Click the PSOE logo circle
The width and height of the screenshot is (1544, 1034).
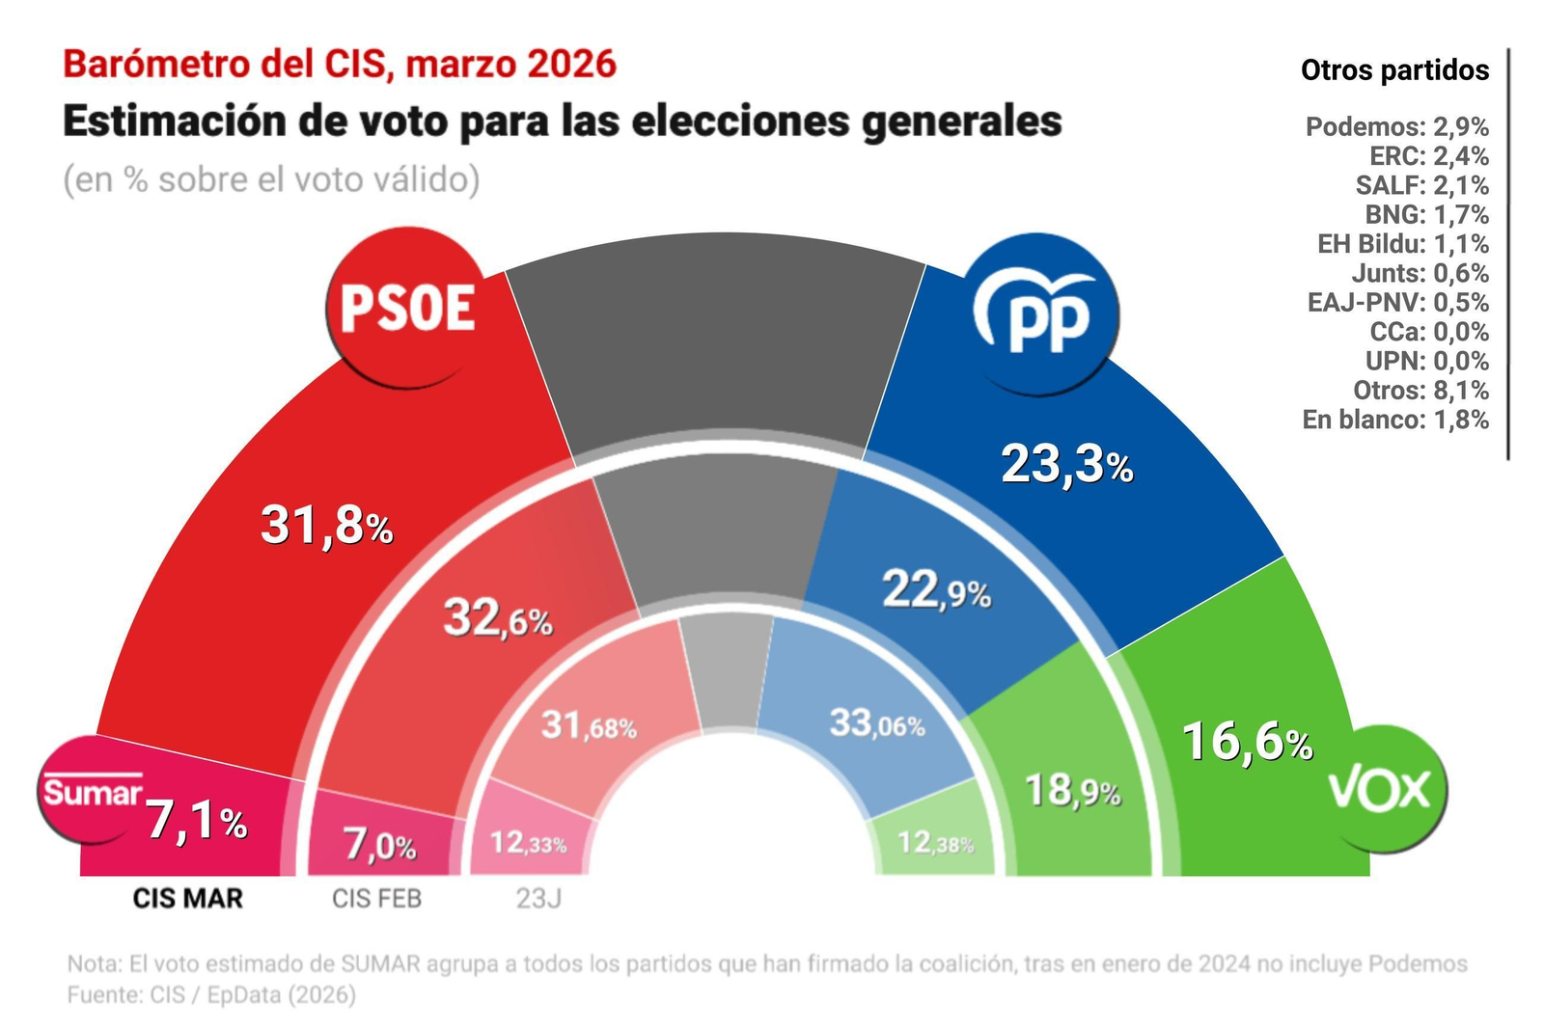(x=406, y=308)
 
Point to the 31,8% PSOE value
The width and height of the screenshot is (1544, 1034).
(x=326, y=527)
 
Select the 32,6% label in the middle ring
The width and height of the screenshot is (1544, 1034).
(x=497, y=617)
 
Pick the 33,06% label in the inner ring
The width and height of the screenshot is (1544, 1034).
(x=876, y=722)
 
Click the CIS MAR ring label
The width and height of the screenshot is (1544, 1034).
(x=188, y=899)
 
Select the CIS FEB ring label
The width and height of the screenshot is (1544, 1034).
(x=376, y=899)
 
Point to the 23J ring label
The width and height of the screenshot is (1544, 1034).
(x=538, y=899)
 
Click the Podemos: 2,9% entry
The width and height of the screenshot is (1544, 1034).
(x=1396, y=126)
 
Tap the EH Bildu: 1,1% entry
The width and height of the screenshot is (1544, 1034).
(x=1402, y=244)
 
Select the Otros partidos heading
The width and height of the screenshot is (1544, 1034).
(x=1394, y=70)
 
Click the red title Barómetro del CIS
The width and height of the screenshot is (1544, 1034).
(x=339, y=65)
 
